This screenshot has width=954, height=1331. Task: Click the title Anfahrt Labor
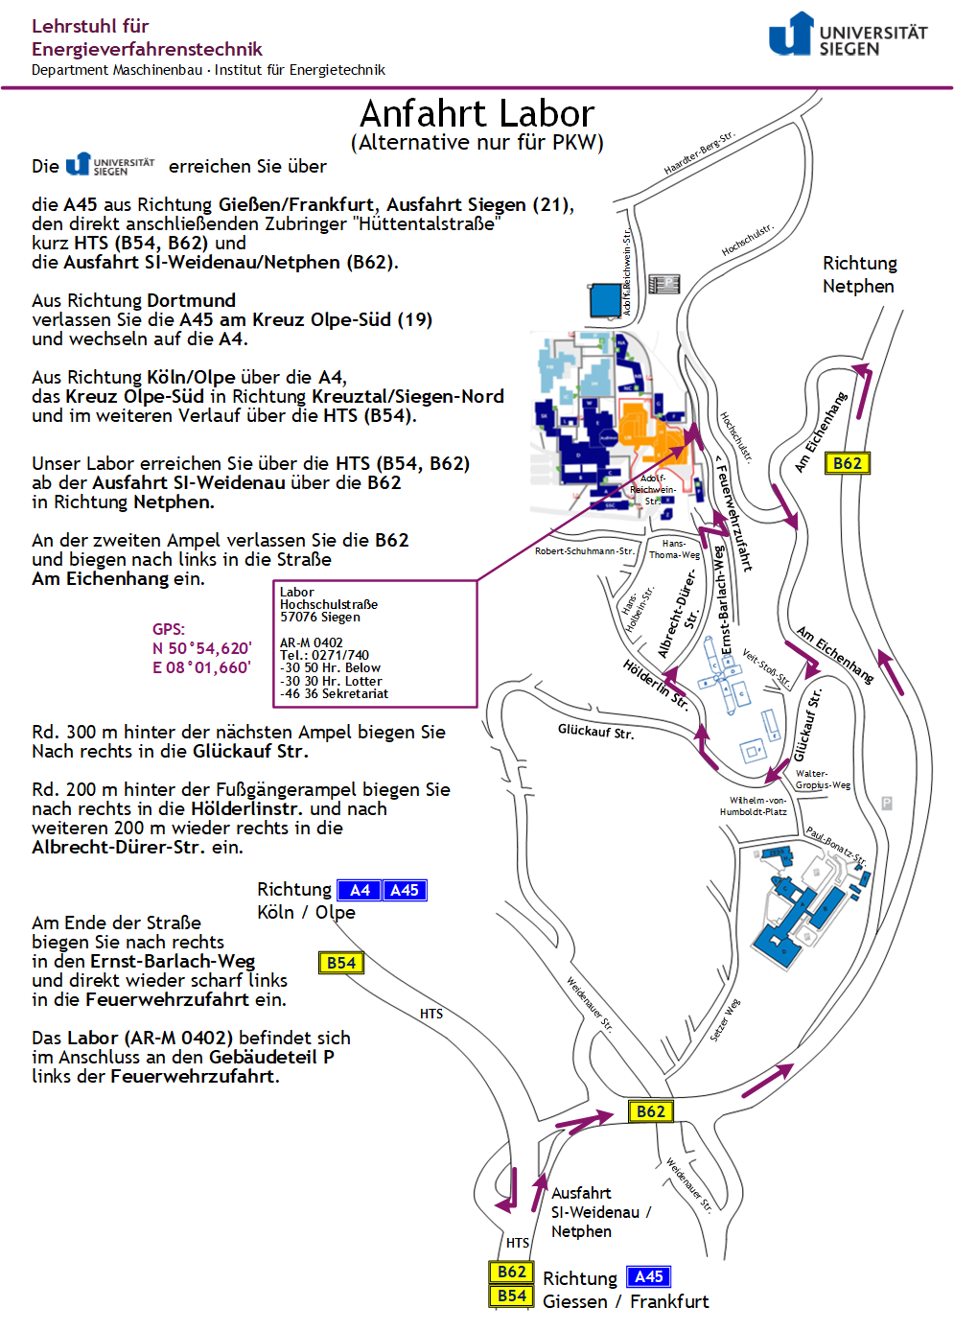477,114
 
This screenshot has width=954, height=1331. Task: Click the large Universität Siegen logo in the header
848,35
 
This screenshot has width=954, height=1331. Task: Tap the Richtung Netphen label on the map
859,274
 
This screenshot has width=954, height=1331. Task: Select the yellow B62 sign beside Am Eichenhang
847,463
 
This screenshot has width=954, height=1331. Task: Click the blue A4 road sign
360,890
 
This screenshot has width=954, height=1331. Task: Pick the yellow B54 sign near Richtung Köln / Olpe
340,963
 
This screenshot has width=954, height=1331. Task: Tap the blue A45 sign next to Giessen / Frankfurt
648,1276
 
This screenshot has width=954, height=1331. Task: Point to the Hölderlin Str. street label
656,684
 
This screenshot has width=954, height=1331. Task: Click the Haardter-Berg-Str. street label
699,152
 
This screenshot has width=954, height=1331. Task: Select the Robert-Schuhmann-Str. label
584,551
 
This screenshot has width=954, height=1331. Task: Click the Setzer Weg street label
725,1020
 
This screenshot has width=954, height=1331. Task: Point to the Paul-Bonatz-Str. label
836,845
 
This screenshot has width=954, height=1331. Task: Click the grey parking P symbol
887,804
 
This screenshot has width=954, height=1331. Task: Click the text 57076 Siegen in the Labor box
320,618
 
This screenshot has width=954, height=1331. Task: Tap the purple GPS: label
169,629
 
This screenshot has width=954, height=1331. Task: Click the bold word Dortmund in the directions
191,300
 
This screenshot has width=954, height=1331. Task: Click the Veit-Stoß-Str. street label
766,668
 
